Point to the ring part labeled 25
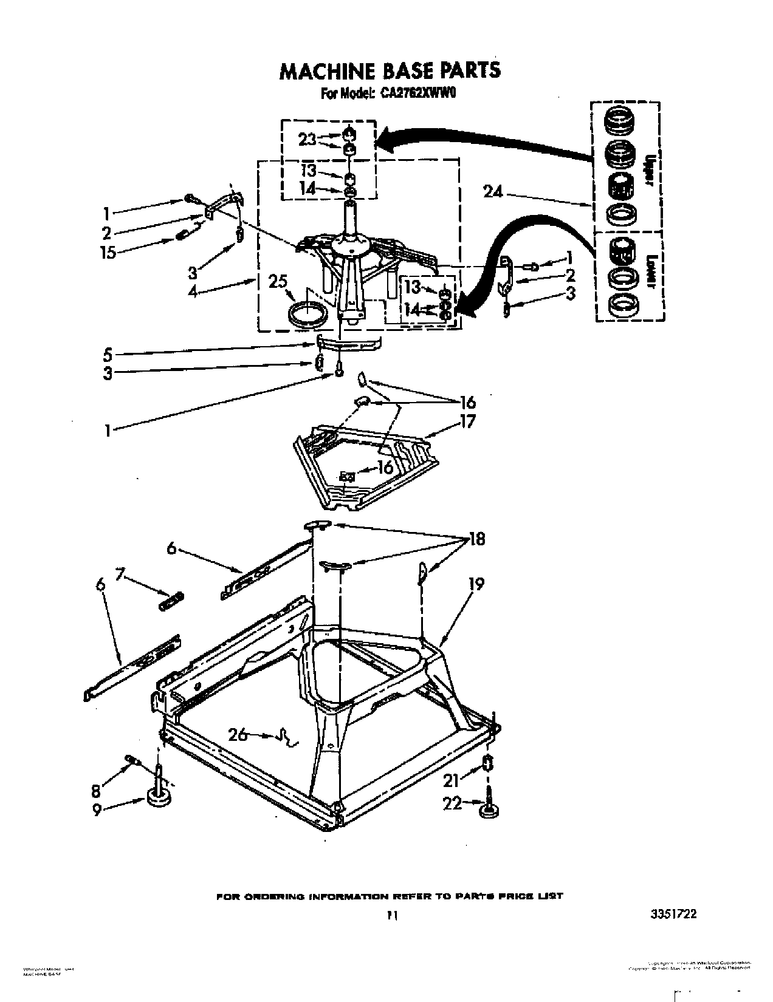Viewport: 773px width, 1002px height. [306, 315]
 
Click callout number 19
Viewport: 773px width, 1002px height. [476, 584]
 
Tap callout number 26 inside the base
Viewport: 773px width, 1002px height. [238, 734]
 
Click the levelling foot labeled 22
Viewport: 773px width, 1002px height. [489, 810]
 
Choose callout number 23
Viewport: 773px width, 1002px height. [307, 140]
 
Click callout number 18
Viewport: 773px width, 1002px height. [476, 539]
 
